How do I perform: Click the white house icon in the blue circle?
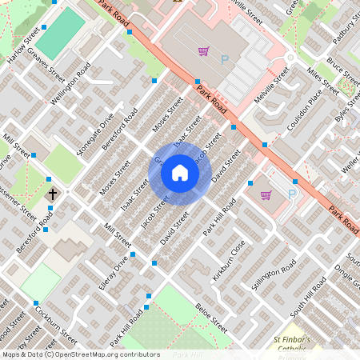180,173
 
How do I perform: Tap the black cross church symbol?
54,194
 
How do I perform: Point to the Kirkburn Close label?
229,262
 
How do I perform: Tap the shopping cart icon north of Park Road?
204,52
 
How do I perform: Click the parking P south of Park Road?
292,194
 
